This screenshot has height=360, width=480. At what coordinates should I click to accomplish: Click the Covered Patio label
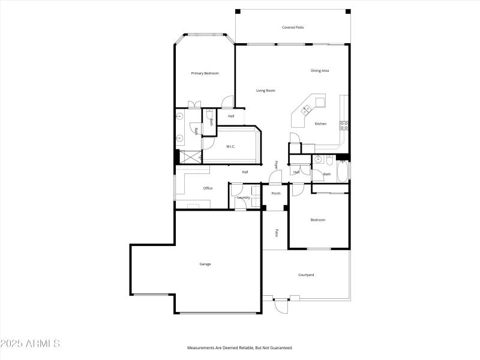pyautogui.click(x=292, y=27)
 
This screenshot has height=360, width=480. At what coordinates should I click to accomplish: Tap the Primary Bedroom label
pyautogui.click(x=205, y=73)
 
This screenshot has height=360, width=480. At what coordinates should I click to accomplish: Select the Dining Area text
pyautogui.click(x=319, y=71)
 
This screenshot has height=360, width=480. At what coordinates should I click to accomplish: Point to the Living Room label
pyautogui.click(x=265, y=91)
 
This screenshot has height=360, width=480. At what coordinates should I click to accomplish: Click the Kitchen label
pyautogui.click(x=321, y=124)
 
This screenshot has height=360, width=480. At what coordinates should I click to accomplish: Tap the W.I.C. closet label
pyautogui.click(x=230, y=146)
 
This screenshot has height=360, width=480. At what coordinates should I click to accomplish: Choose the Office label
pyautogui.click(x=208, y=188)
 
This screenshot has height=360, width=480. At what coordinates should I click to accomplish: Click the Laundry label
pyautogui.click(x=244, y=197)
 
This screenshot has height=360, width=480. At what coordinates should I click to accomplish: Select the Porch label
pyautogui.click(x=276, y=193)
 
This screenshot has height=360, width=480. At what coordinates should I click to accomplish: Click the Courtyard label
pyautogui.click(x=306, y=275)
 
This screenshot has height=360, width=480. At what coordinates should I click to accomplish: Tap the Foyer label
pyautogui.click(x=277, y=164)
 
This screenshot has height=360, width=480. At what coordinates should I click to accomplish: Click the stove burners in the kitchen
pyautogui.click(x=344, y=125)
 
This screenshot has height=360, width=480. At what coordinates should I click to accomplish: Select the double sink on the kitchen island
pyautogui.click(x=307, y=109)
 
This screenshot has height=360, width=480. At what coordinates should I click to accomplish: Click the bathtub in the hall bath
pyautogui.click(x=343, y=172)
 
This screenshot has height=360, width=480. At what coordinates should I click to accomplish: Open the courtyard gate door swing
pyautogui.click(x=281, y=306)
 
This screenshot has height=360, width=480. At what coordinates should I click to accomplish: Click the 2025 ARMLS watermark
pyautogui.click(x=30, y=344)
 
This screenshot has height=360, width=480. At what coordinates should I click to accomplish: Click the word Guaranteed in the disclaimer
pyautogui.click(x=278, y=348)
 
